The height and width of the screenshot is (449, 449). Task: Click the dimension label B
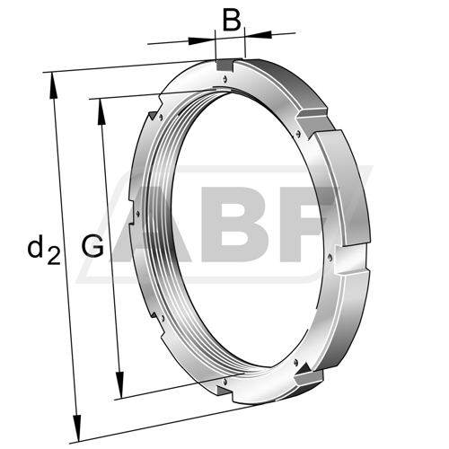pos(232,21)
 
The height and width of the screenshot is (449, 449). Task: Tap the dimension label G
pos(92,246)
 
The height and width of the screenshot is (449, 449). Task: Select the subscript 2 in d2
pos(54,256)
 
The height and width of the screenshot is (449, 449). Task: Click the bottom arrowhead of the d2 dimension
pos(77,428)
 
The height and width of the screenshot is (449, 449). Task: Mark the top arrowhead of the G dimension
pos(101,111)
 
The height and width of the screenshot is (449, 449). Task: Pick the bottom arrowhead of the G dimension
pos(119,385)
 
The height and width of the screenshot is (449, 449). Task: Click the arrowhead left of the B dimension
pos(202,40)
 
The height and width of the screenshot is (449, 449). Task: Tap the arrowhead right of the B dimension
pos(258,34)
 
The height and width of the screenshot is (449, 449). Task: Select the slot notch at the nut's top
pos(225,66)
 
